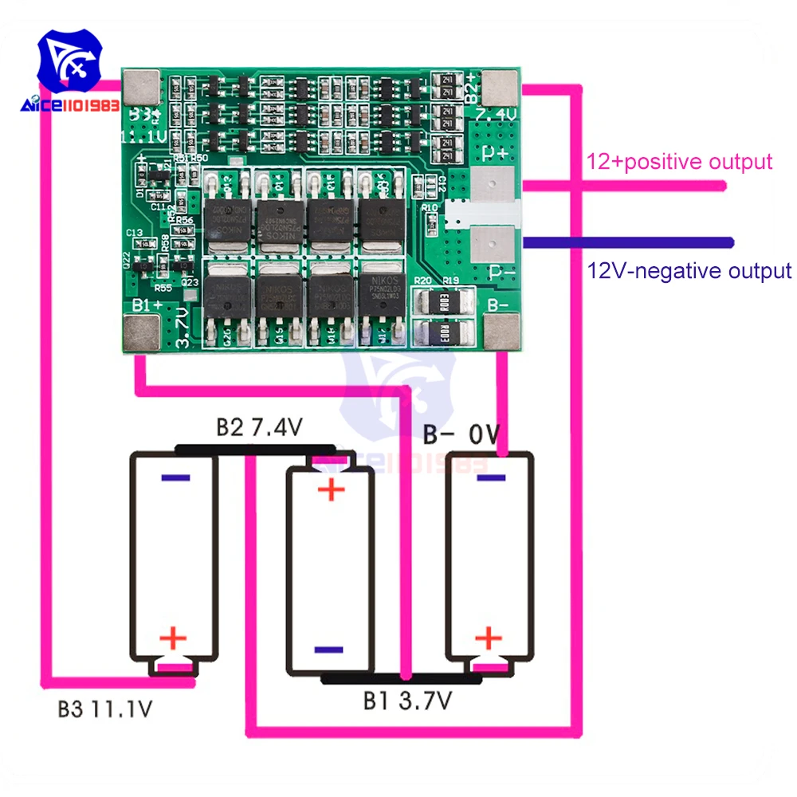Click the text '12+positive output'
tap(680, 162)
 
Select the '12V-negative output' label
tap(689, 271)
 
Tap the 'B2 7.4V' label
tap(260, 428)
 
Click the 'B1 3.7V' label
tap(408, 701)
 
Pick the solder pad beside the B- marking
tap(502, 330)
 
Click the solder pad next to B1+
tap(141, 330)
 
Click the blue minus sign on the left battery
tap(175, 478)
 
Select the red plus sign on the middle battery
tap(331, 490)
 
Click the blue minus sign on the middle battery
tap(329, 650)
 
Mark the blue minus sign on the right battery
tap(492, 478)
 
